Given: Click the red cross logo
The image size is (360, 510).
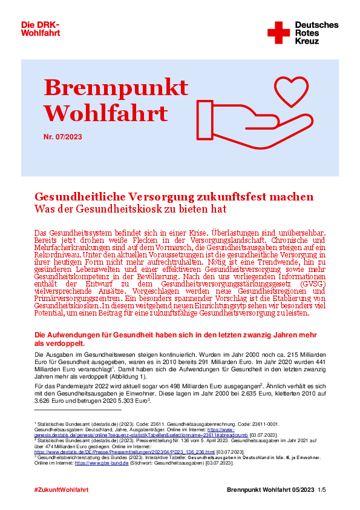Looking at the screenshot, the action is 278,32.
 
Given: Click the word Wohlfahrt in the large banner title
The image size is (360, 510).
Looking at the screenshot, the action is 106,113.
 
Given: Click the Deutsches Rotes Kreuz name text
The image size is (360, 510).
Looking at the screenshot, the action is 316,33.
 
